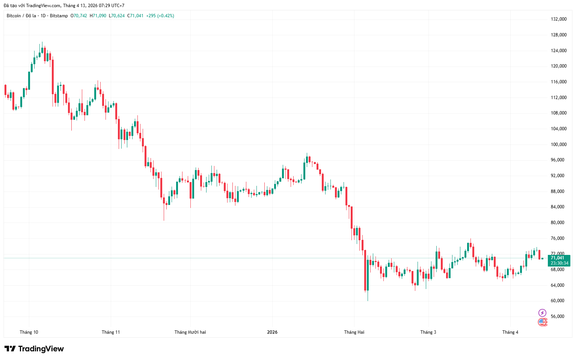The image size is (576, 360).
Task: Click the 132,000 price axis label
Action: [x=558, y=19]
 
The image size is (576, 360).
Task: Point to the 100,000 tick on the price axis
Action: [x=558, y=145]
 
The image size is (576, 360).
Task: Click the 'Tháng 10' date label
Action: [x=29, y=332]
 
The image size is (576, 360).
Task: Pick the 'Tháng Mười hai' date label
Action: [x=190, y=332]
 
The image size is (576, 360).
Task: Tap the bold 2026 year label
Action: [x=272, y=332]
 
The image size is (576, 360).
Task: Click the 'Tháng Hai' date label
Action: [x=354, y=332]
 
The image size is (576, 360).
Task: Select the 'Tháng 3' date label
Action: [x=428, y=332]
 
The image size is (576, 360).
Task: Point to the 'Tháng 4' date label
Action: [x=510, y=332]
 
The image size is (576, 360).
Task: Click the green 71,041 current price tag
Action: [x=558, y=258]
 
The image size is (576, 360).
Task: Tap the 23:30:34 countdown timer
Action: [x=559, y=263]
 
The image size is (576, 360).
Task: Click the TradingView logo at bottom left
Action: [x=34, y=349]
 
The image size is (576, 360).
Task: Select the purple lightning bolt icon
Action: [x=542, y=313]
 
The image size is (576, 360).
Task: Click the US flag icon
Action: [x=542, y=322]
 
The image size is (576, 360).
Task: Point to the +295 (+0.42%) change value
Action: [x=160, y=16]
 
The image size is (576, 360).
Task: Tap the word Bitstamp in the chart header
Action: [x=59, y=16]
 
